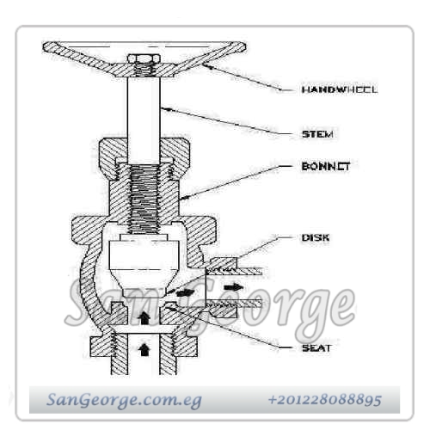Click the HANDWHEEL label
tap(340, 89)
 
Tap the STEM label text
tap(317, 134)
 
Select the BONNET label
tap(326, 166)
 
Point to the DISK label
tap(316, 237)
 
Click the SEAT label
tap(316, 348)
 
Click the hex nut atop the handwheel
tap(143, 58)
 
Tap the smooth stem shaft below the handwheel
tap(144, 120)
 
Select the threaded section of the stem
tap(144, 199)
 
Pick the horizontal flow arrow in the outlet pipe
tap(234, 287)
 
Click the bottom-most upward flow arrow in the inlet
tap(145, 349)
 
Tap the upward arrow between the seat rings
tap(144, 317)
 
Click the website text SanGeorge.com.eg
tap(124, 400)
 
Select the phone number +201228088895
tap(325, 400)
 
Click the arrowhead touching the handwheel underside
tap(208, 67)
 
